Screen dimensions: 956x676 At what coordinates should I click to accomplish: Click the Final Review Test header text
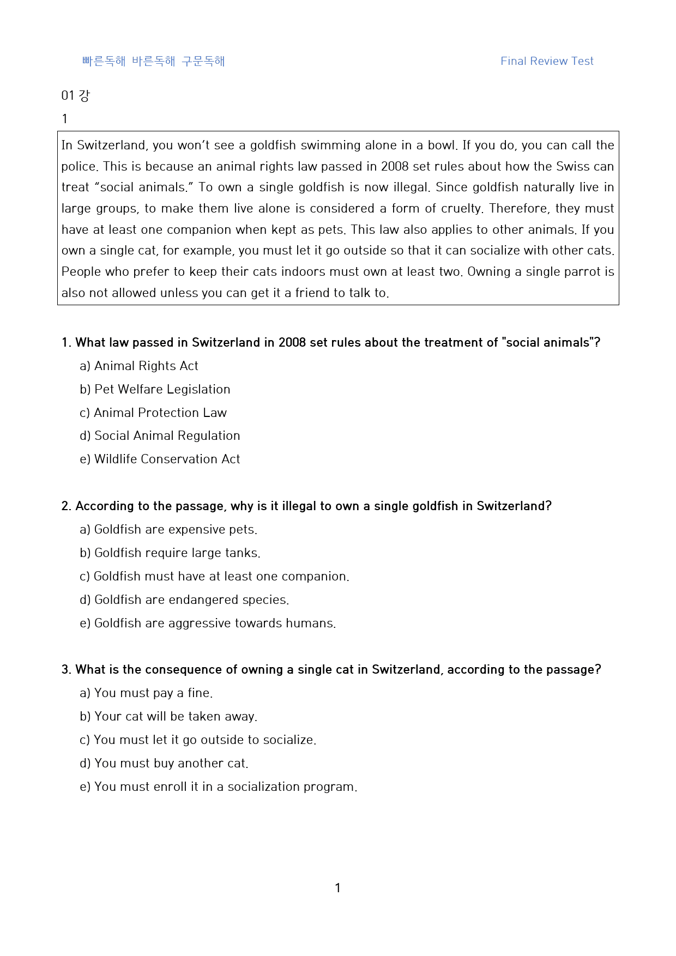(547, 61)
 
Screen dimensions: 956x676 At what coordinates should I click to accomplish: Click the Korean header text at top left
(153, 61)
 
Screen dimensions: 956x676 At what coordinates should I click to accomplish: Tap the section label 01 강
(75, 95)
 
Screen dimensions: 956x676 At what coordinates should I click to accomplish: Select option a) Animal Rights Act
(139, 366)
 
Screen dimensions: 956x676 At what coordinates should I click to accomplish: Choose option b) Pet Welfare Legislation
(155, 389)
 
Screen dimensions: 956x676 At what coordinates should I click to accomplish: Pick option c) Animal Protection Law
(153, 413)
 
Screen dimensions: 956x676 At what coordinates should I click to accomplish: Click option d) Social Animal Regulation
(160, 435)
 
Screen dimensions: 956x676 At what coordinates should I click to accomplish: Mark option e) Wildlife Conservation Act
(160, 459)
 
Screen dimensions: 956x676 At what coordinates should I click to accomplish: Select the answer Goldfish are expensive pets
(168, 529)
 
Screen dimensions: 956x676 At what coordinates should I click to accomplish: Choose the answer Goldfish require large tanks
(170, 553)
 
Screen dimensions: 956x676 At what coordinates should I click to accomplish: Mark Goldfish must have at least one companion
(214, 576)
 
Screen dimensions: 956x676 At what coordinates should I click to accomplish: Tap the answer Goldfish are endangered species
(184, 600)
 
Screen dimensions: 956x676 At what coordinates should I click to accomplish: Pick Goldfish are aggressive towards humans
(208, 623)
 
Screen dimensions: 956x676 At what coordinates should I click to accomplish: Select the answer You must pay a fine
(146, 693)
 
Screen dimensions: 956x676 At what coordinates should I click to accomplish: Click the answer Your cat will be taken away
(168, 716)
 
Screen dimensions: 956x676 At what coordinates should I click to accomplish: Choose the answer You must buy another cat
(164, 763)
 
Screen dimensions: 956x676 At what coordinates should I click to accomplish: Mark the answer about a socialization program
(219, 786)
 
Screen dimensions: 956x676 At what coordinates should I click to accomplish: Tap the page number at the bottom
(337, 888)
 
